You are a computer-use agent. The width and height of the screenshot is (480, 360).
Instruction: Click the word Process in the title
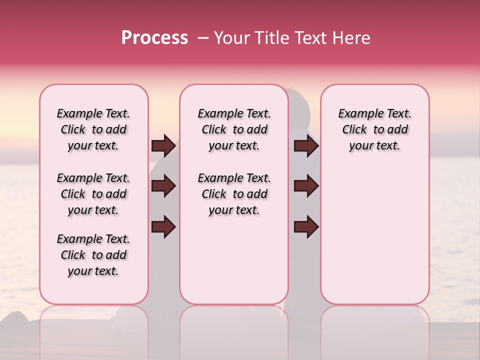coord(154,38)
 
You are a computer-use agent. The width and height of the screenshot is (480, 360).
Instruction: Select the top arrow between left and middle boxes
coord(163,145)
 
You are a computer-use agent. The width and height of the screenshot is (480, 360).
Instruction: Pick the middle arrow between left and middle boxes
coord(163,186)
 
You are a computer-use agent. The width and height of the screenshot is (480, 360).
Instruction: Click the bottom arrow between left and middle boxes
coord(163,226)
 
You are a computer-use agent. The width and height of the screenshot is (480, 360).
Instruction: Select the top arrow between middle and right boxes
coord(306,145)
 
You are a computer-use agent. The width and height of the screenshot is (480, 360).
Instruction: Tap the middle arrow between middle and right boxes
coord(306,186)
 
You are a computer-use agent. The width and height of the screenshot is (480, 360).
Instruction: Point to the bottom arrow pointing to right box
coord(306,226)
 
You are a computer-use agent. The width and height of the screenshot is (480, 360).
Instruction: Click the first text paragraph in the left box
coord(93,129)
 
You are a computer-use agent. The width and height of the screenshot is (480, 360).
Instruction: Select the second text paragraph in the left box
coord(93,194)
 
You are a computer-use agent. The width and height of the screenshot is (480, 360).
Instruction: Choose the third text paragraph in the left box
coord(93,255)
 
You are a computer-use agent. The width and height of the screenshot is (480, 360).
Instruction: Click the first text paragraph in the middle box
coord(234,129)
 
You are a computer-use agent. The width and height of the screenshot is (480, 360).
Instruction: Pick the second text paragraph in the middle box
coord(234,194)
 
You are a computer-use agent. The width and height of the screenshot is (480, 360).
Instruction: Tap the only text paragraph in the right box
coord(374,129)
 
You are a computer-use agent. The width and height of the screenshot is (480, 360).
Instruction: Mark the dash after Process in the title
coord(203,38)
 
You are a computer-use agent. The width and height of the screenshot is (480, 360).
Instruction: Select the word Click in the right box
coord(354,130)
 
